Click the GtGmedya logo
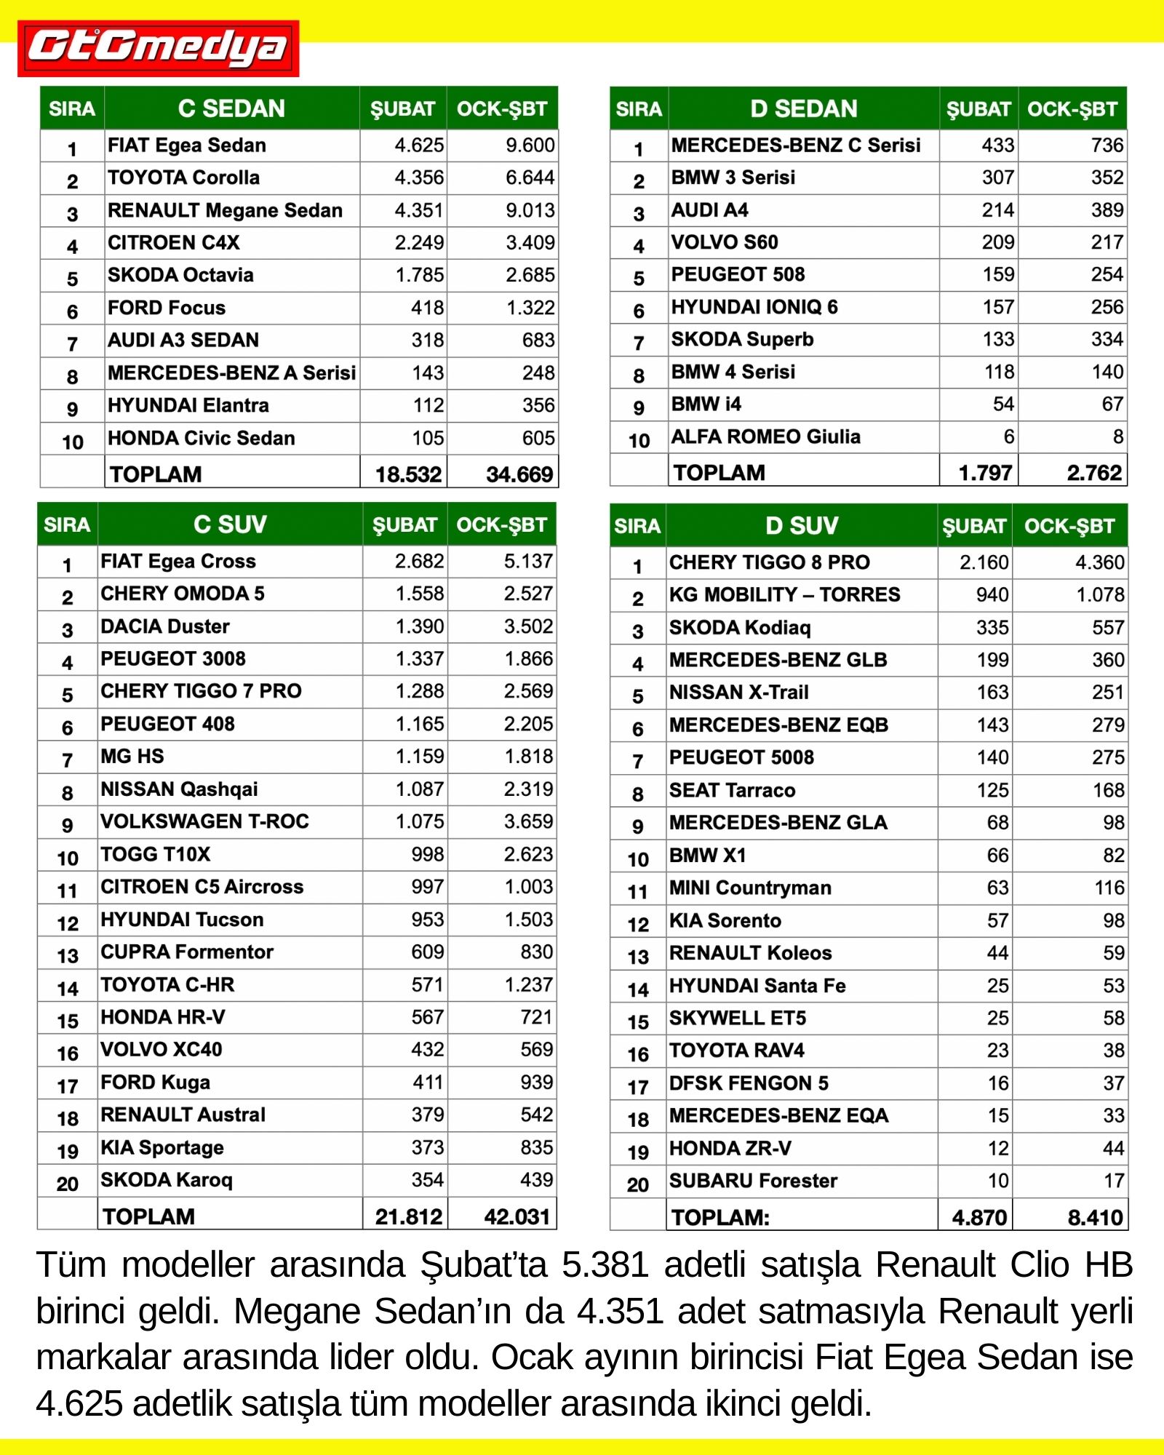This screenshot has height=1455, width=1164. [158, 48]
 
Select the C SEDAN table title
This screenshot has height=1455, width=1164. [231, 108]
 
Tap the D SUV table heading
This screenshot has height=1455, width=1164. [801, 525]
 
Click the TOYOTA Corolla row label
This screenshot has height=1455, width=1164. [183, 178]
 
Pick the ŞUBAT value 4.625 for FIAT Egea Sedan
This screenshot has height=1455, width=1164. [418, 145]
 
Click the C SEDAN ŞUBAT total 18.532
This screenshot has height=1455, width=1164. [408, 474]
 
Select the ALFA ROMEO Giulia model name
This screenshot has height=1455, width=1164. [765, 436]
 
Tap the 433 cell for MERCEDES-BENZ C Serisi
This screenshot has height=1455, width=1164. [997, 145]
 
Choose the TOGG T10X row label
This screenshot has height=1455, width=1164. [155, 854]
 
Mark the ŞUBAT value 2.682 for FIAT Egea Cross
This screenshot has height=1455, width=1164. [419, 561]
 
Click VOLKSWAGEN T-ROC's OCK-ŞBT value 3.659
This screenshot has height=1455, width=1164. [528, 821]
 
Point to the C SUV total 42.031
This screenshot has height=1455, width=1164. [517, 1216]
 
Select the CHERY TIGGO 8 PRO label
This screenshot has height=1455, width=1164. [769, 562]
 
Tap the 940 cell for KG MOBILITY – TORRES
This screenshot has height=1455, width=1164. [992, 595]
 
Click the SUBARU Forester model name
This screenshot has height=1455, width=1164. [753, 1181]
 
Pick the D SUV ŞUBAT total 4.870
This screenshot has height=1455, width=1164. [979, 1217]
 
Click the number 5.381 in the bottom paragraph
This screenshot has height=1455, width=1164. [605, 1264]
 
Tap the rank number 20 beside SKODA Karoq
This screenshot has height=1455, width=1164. [67, 1184]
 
